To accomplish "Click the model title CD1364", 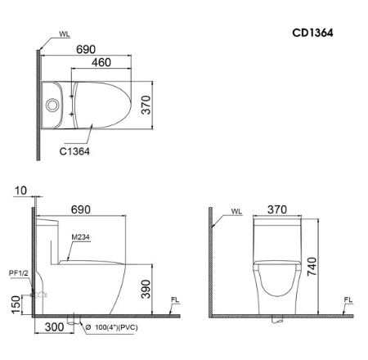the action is click(312, 33).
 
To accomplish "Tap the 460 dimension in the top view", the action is click(101, 62).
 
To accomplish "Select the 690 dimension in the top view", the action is click(86, 49).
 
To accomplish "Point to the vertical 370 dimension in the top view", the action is click(146, 105).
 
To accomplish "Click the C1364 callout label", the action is click(74, 151).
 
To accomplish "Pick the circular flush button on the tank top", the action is click(52, 105).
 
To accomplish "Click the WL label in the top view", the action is click(65, 34).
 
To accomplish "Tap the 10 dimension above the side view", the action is click(20, 191).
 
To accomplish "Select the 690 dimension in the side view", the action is click(81, 209).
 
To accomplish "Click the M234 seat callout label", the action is click(80, 237).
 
